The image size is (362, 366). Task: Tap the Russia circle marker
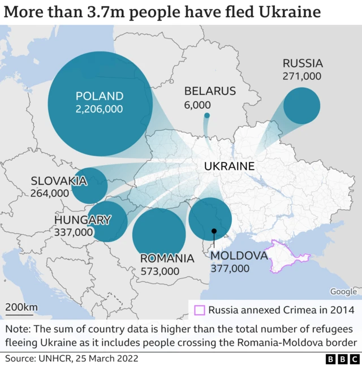coord(301,106)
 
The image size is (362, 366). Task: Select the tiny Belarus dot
coord(206,116)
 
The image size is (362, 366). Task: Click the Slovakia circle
coord(90,185)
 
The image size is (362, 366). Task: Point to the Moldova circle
coord(210,219)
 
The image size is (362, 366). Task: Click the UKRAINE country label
coord(229,166)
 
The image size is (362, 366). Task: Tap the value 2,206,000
coord(99,109)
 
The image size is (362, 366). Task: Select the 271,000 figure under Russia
coord(302,76)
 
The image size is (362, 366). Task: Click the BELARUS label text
coord(210,91)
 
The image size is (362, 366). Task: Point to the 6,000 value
coord(197,105)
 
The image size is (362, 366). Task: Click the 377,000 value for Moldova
coord(230,268)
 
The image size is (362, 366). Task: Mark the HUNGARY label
coord(83,220)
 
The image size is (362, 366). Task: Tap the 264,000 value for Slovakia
coord(50,193)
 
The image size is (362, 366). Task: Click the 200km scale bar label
coord(21,307)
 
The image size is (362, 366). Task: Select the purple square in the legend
coord(199,309)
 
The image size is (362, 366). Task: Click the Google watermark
coord(343,291)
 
